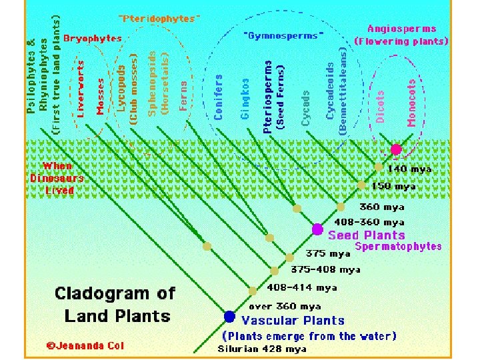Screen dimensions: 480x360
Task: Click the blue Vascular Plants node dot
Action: pos(229,316)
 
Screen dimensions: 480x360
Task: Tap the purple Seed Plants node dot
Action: pos(317,229)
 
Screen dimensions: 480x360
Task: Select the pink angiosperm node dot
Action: pos(396,149)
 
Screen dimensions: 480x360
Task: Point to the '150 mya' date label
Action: pos(393,186)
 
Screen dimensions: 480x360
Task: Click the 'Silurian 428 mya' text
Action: pos(262,349)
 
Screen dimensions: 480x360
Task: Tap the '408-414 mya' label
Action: pos(301,288)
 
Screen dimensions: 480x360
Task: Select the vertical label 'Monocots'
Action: pos(411,103)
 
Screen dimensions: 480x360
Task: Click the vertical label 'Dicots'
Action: pos(381,107)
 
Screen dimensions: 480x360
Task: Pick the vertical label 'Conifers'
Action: pos(219,97)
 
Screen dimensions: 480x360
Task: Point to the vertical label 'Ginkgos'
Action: pos(245,99)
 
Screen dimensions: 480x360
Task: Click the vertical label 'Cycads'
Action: pos(306,108)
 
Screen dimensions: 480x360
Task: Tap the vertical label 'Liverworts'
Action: pos(81,89)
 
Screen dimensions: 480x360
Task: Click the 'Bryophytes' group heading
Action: pos(93,39)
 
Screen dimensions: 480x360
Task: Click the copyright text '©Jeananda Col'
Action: pos(85,345)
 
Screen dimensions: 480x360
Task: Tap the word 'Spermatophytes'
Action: pos(398,246)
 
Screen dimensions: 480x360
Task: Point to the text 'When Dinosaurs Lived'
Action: pos(57,178)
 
